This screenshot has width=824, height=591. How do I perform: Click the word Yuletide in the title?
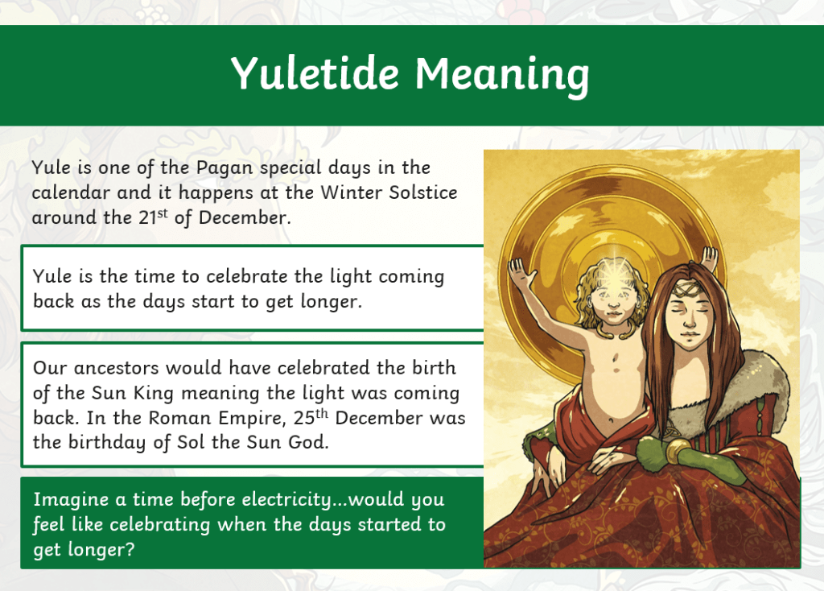pyautogui.click(x=315, y=72)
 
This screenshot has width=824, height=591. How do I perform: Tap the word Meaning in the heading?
pyautogui.click(x=502, y=76)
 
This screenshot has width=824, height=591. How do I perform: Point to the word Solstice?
pyautogui.click(x=423, y=192)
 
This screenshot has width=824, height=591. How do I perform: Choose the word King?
pyautogui.click(x=154, y=394)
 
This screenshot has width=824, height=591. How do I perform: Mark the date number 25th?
pyautogui.click(x=311, y=416)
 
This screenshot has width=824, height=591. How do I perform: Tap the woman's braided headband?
pyautogui.click(x=686, y=288)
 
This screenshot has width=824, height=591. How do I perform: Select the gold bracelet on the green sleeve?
pyautogui.click(x=678, y=450)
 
